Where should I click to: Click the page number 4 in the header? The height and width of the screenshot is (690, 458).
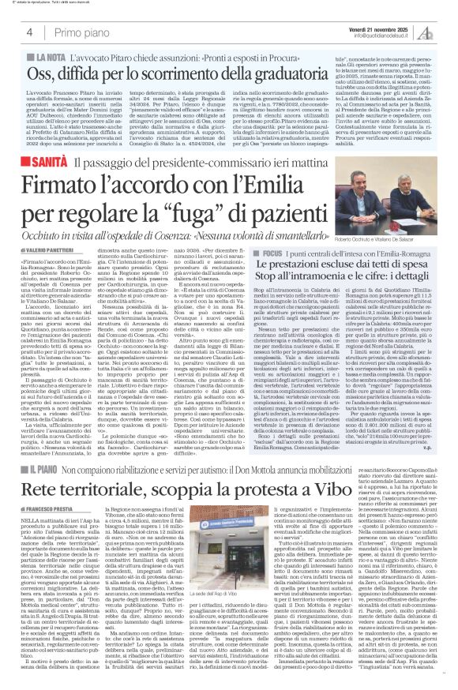click(x=28, y=32)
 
